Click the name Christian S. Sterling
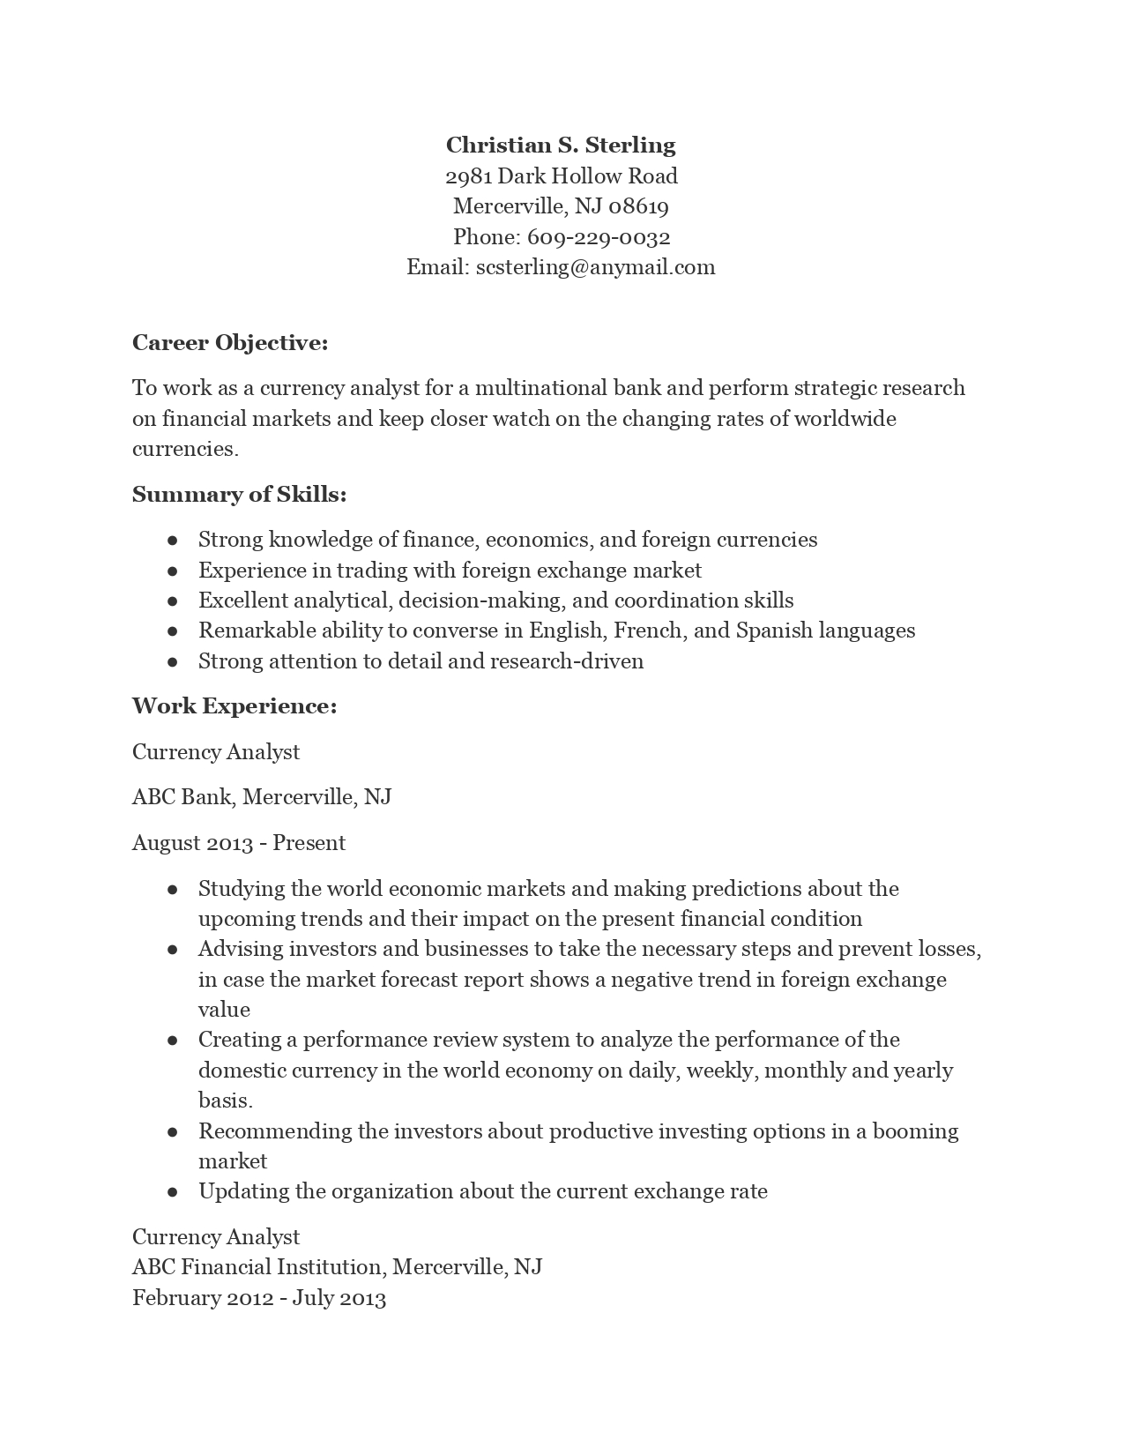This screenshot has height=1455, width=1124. (x=561, y=145)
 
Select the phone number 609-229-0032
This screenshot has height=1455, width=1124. (x=599, y=237)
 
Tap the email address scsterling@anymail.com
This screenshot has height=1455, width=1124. (x=595, y=267)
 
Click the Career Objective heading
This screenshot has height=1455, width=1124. (x=230, y=343)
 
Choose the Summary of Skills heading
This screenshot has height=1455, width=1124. (x=239, y=495)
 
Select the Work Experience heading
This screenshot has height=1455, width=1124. (x=234, y=706)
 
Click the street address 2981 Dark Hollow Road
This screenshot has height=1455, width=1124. (x=561, y=176)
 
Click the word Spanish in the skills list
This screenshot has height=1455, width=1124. (x=774, y=630)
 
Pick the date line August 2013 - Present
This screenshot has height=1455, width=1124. (x=239, y=843)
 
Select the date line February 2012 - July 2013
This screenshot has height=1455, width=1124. (x=259, y=1298)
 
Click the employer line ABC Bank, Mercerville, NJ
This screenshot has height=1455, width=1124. (x=262, y=797)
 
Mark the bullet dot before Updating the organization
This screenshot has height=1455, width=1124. (x=173, y=1192)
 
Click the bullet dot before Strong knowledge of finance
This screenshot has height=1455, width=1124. (x=173, y=541)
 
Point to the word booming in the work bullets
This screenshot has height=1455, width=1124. (x=915, y=1131)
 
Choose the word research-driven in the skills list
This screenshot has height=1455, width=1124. (x=567, y=661)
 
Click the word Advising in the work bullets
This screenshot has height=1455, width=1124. (x=236, y=949)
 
